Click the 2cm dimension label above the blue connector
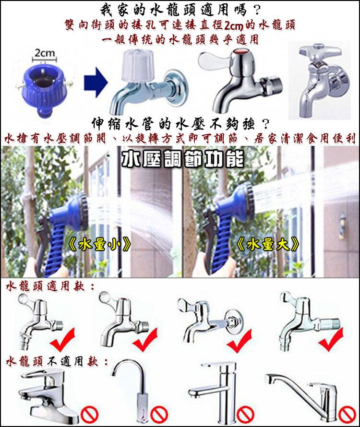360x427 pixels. (45, 53)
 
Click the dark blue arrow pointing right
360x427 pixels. (95, 82)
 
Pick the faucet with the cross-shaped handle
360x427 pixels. (319, 80)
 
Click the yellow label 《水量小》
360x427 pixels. (100, 245)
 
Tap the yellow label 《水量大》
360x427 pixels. (268, 245)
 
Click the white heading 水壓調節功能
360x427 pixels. (182, 159)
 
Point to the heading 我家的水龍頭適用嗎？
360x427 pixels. (180, 11)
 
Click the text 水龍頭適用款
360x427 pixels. (47, 286)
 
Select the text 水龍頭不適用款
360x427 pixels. (52, 361)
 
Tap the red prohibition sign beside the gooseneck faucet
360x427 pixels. (158, 415)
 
